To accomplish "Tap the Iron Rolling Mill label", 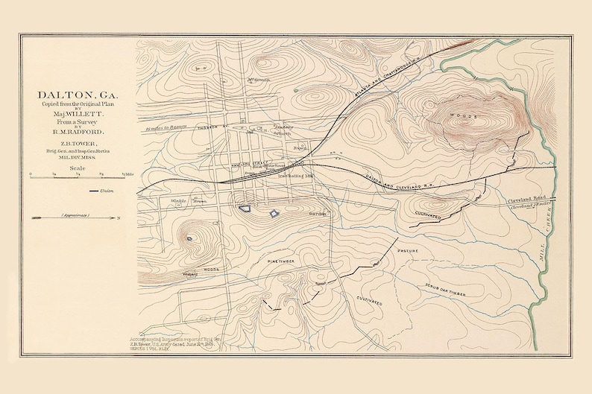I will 292,176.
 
